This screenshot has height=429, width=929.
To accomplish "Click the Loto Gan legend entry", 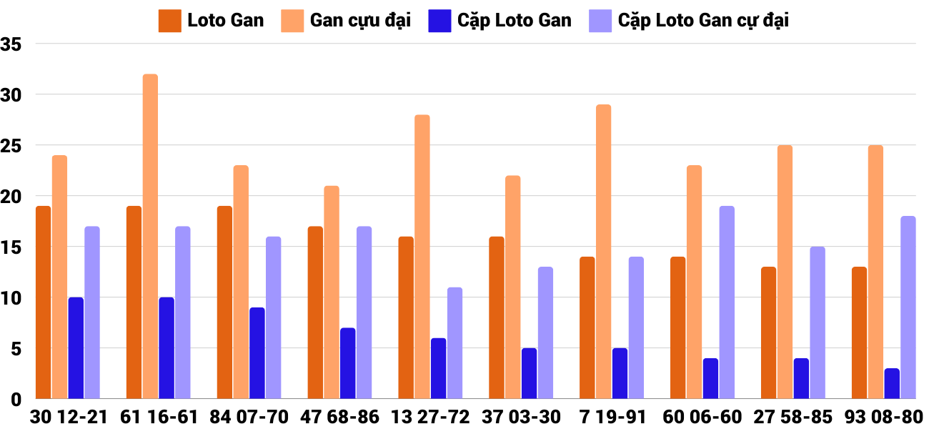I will point(212,20).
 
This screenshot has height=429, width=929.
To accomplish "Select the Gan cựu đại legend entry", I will point(347,20).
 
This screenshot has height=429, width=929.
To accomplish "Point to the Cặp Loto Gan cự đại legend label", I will point(703,20).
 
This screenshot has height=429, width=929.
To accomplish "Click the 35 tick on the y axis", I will point(12,44).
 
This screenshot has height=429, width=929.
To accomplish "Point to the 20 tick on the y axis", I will point(12,197).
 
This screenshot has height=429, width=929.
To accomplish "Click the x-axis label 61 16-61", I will point(159,417).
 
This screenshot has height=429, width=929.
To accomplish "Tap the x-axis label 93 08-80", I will point(884,417).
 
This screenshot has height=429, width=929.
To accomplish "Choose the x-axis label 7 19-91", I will point(612,417).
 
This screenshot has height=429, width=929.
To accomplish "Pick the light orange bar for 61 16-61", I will point(150,236).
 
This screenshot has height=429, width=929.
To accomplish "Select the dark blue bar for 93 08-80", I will point(891,383).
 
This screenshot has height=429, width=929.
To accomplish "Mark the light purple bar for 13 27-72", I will point(454,342).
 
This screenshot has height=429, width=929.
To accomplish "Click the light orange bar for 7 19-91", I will point(603,251).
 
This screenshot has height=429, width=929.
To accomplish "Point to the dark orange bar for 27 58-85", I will point(768,332).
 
